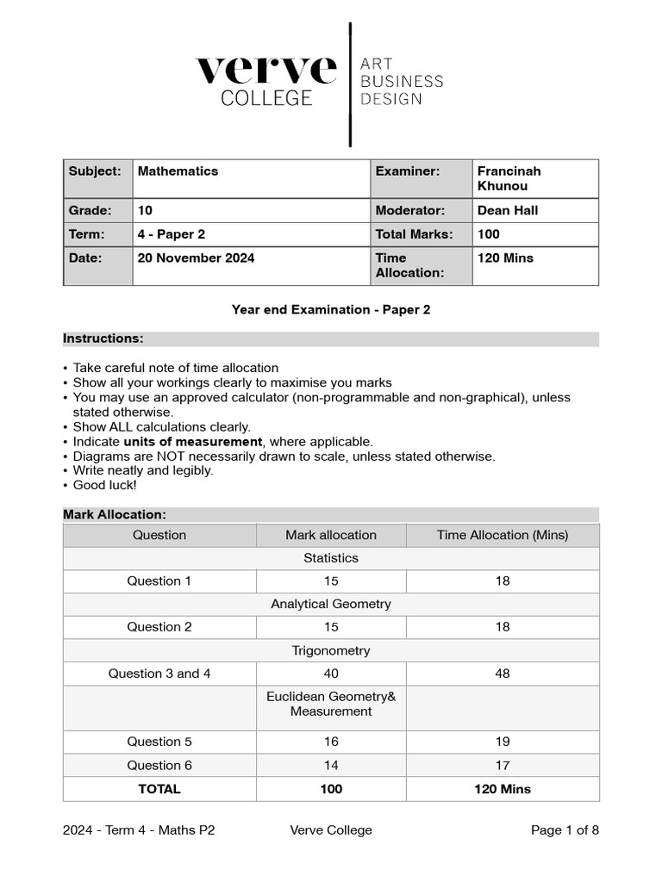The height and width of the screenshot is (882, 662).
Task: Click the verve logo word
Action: [x=265, y=70]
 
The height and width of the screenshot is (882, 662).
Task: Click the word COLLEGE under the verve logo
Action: [x=266, y=98]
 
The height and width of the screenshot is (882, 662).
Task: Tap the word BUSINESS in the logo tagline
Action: [x=401, y=82]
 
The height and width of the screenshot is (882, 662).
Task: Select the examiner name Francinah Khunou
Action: [x=509, y=178]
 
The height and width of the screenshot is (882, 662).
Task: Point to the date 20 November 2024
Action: [x=196, y=258]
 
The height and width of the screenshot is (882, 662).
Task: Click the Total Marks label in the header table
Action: [x=413, y=234]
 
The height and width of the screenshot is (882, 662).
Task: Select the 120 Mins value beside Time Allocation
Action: [x=505, y=258]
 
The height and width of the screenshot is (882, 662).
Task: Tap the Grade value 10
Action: [x=145, y=210]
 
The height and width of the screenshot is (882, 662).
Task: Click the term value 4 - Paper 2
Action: [x=172, y=234]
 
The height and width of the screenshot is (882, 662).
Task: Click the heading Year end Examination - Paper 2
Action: [x=331, y=309]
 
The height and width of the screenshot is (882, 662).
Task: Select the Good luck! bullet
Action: [x=104, y=485]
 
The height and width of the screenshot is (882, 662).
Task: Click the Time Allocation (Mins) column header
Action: [x=503, y=535]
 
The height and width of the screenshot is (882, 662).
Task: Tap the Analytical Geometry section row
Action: [x=331, y=604]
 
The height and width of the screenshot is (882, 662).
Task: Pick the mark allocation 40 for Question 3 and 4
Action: [x=331, y=674]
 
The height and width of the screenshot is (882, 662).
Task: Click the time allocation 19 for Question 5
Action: [x=503, y=742]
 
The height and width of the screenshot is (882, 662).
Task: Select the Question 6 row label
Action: [x=159, y=765]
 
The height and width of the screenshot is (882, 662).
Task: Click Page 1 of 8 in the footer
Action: [x=565, y=830]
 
